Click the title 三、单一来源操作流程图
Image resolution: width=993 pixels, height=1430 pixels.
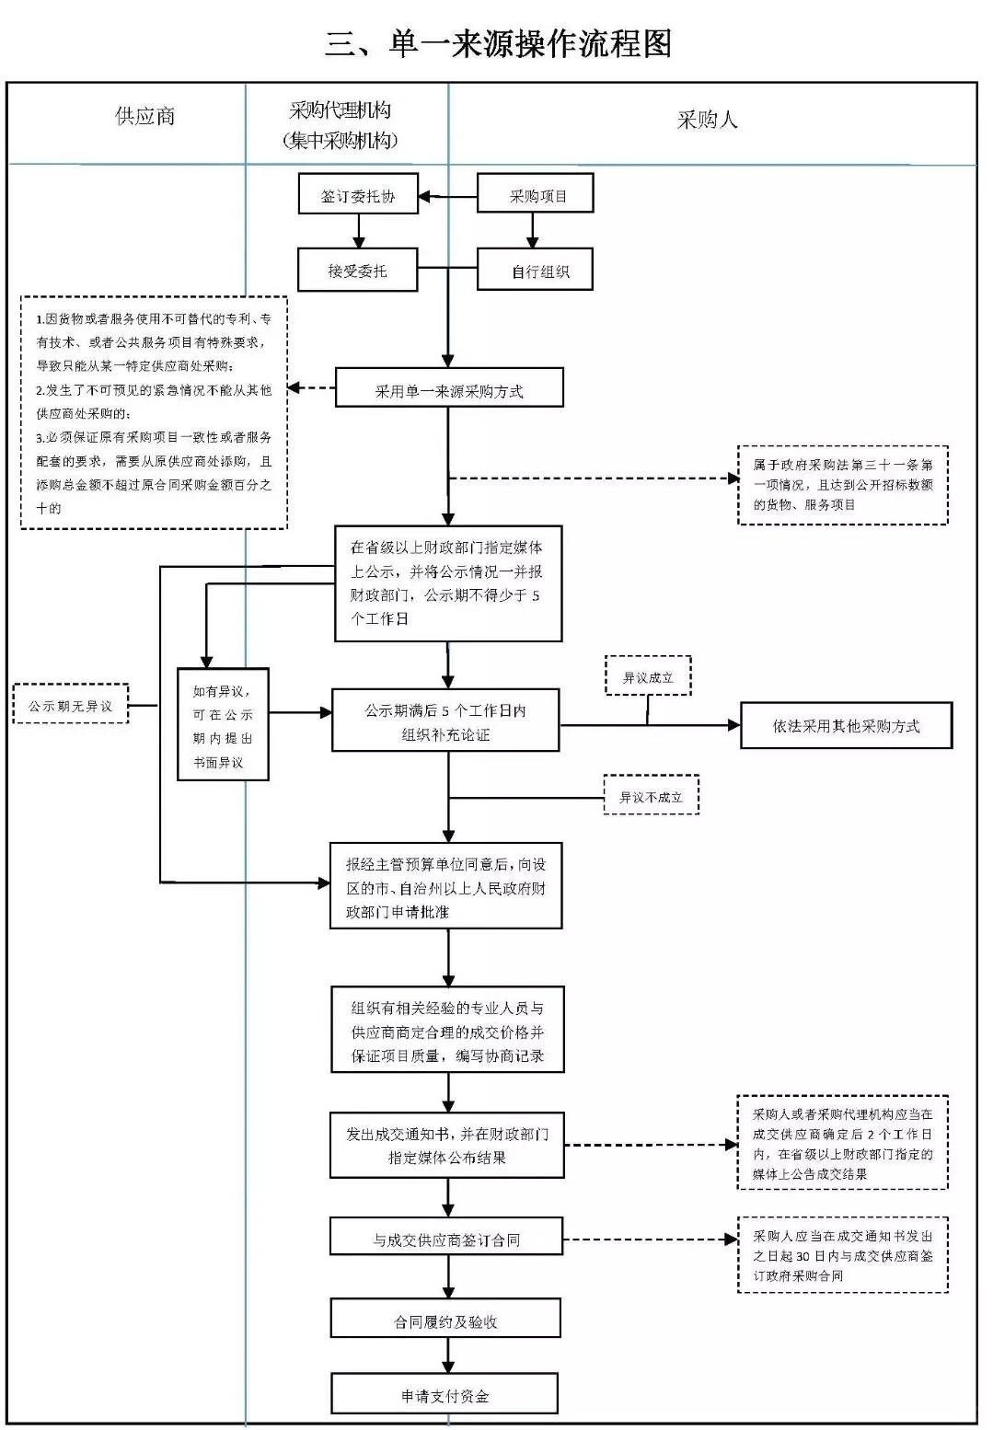(x=498, y=43)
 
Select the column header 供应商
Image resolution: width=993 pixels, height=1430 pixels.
(x=144, y=116)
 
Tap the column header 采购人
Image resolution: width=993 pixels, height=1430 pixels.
(x=707, y=120)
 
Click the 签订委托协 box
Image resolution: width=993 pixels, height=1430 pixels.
(x=358, y=195)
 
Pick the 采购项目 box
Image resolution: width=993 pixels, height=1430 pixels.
(x=535, y=195)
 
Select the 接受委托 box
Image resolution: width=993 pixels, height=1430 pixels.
(x=357, y=271)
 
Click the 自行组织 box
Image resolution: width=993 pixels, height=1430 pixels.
(x=536, y=271)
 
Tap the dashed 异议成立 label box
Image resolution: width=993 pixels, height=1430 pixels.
(x=648, y=677)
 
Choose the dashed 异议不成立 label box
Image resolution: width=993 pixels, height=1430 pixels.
(x=651, y=796)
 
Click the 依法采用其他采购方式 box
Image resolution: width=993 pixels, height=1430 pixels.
(x=846, y=726)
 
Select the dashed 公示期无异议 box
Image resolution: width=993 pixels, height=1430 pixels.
(x=71, y=706)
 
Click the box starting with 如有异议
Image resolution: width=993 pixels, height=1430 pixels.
(x=223, y=725)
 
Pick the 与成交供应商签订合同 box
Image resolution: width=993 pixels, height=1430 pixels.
(x=446, y=1239)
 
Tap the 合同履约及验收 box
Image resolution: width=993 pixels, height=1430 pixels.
(x=445, y=1320)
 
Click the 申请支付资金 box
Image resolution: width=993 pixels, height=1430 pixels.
(x=445, y=1395)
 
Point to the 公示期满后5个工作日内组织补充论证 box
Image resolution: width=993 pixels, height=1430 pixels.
(x=445, y=722)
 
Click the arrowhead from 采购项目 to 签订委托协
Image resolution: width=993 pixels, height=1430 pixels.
(x=425, y=196)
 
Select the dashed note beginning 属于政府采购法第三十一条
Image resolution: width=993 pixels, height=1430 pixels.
(x=842, y=485)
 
